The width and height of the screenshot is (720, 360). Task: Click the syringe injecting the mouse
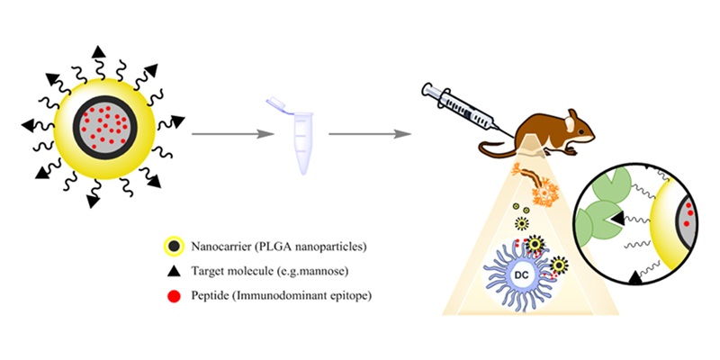[x=459, y=105]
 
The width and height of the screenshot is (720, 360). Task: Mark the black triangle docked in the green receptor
[x=614, y=219]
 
